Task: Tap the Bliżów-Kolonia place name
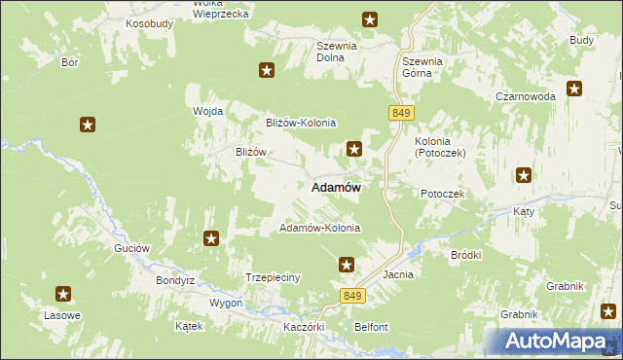tap(301, 123)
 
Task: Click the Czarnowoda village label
tap(525, 97)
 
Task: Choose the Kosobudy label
tap(149, 22)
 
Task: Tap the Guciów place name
tap(131, 248)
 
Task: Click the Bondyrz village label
tap(176, 280)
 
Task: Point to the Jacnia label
tap(399, 275)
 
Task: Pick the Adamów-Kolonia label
tap(319, 228)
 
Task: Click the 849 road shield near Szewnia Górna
tap(400, 113)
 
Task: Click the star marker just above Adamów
tap(355, 149)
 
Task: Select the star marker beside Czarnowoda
tap(574, 90)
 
